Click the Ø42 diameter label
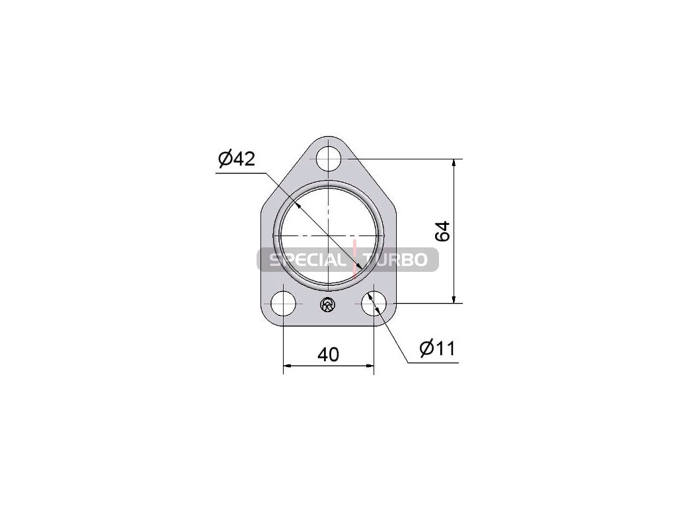[237, 159]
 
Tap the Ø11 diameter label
[438, 348]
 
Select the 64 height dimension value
[442, 232]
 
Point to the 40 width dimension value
[328, 355]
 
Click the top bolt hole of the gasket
[329, 159]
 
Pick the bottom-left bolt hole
[283, 303]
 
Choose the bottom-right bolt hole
[374, 303]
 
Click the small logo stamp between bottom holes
[327, 304]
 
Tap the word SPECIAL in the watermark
[307, 260]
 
